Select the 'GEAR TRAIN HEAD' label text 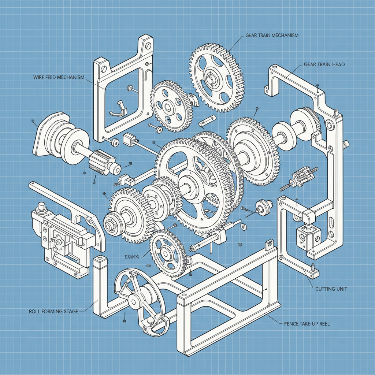pyautogui.click(x=324, y=64)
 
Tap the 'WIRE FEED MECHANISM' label pyautogui.click(x=59, y=78)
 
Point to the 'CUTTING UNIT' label pyautogui.click(x=331, y=289)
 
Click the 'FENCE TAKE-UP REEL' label pyautogui.click(x=307, y=324)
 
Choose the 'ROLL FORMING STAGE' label pyautogui.click(x=53, y=311)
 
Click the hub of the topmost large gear pyautogui.click(x=212, y=78)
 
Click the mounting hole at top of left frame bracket pyautogui.click(x=148, y=46)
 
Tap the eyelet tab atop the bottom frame pyautogui.click(x=270, y=243)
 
